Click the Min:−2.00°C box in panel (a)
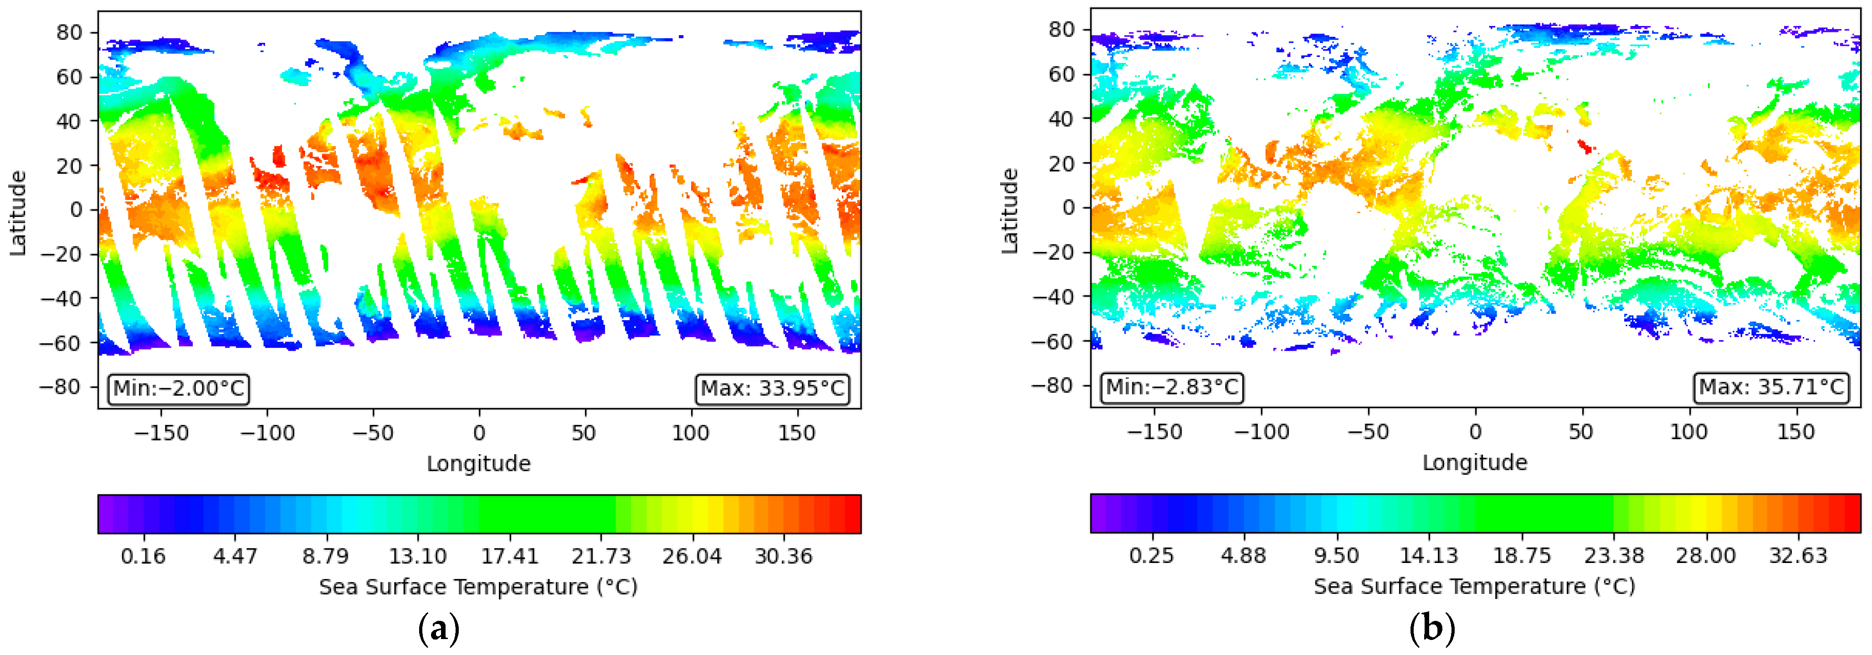[x=179, y=389]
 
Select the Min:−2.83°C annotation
[x=1171, y=387]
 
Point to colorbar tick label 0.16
[x=143, y=556]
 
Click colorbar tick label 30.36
[x=784, y=556]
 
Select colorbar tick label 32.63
[x=1798, y=556]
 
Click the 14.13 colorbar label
[x=1429, y=556]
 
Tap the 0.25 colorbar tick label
[x=1151, y=556]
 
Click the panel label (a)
[x=439, y=629]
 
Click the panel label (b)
[x=1431, y=629]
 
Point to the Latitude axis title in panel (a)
[x=17, y=213]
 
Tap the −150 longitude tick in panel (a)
[x=161, y=434]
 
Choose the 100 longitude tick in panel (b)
[x=1688, y=432]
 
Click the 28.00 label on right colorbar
[x=1706, y=556]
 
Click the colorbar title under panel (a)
[x=478, y=587]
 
